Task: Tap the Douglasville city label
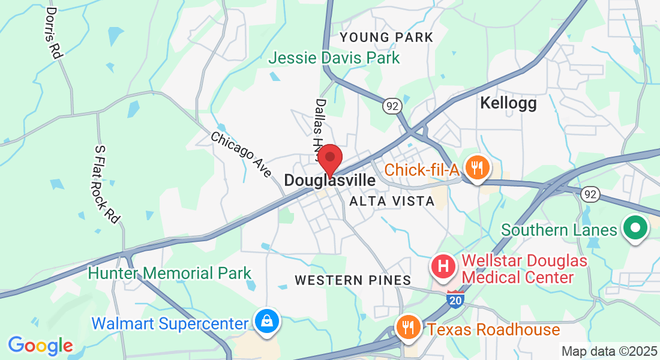coord(329,180)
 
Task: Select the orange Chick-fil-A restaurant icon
coord(477,167)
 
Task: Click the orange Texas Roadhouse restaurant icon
coord(408,328)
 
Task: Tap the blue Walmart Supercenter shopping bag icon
coord(265,320)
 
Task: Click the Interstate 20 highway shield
coord(456,299)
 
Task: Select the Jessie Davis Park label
coord(334,58)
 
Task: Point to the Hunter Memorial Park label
coord(170,274)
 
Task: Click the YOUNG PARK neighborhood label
coord(386,38)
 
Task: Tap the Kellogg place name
coord(508,103)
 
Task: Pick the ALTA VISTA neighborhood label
coord(392,201)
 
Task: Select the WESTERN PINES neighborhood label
coord(353,280)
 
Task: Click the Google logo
coord(40,345)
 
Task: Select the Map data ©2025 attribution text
coord(608,351)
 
